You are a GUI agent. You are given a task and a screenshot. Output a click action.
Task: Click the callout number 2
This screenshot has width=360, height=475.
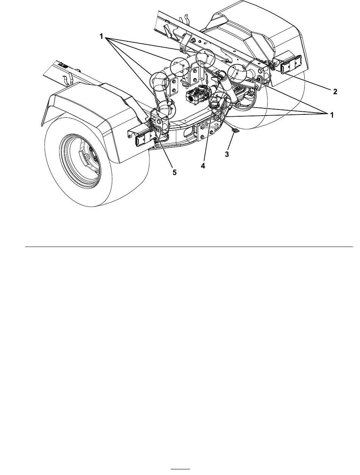coord(335,92)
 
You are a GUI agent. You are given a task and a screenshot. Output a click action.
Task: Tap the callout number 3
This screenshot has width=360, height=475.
coord(227,154)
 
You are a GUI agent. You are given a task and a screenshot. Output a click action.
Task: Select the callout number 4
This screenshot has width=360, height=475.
coord(203,166)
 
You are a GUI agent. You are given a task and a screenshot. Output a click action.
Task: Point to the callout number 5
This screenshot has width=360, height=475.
coord(174,172)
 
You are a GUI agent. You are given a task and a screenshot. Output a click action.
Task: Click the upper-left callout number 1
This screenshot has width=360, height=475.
coord(101,37)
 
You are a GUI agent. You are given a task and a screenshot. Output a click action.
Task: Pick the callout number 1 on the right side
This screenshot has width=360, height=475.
coord(332,115)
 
